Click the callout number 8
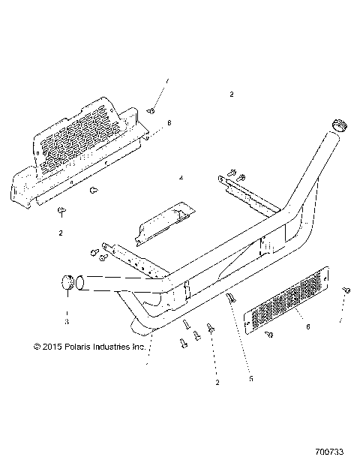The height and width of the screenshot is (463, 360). coord(169,122)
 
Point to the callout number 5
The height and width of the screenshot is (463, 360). coord(251,379)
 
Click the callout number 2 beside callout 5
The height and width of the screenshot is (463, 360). coord(217,383)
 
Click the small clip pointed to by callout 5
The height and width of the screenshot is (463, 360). coord(231,297)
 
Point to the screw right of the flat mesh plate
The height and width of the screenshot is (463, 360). coord(346,290)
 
